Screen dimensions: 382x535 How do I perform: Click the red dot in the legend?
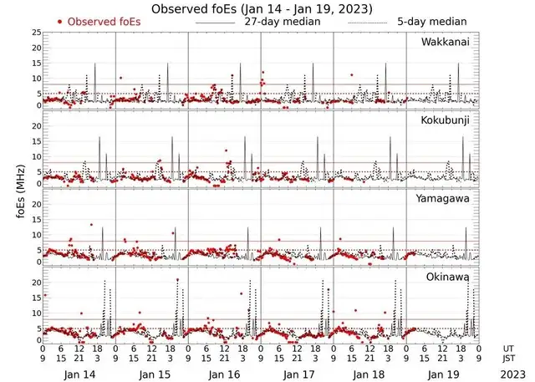60,20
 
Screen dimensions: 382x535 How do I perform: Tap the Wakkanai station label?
447,42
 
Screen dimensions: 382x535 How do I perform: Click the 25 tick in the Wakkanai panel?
36,33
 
